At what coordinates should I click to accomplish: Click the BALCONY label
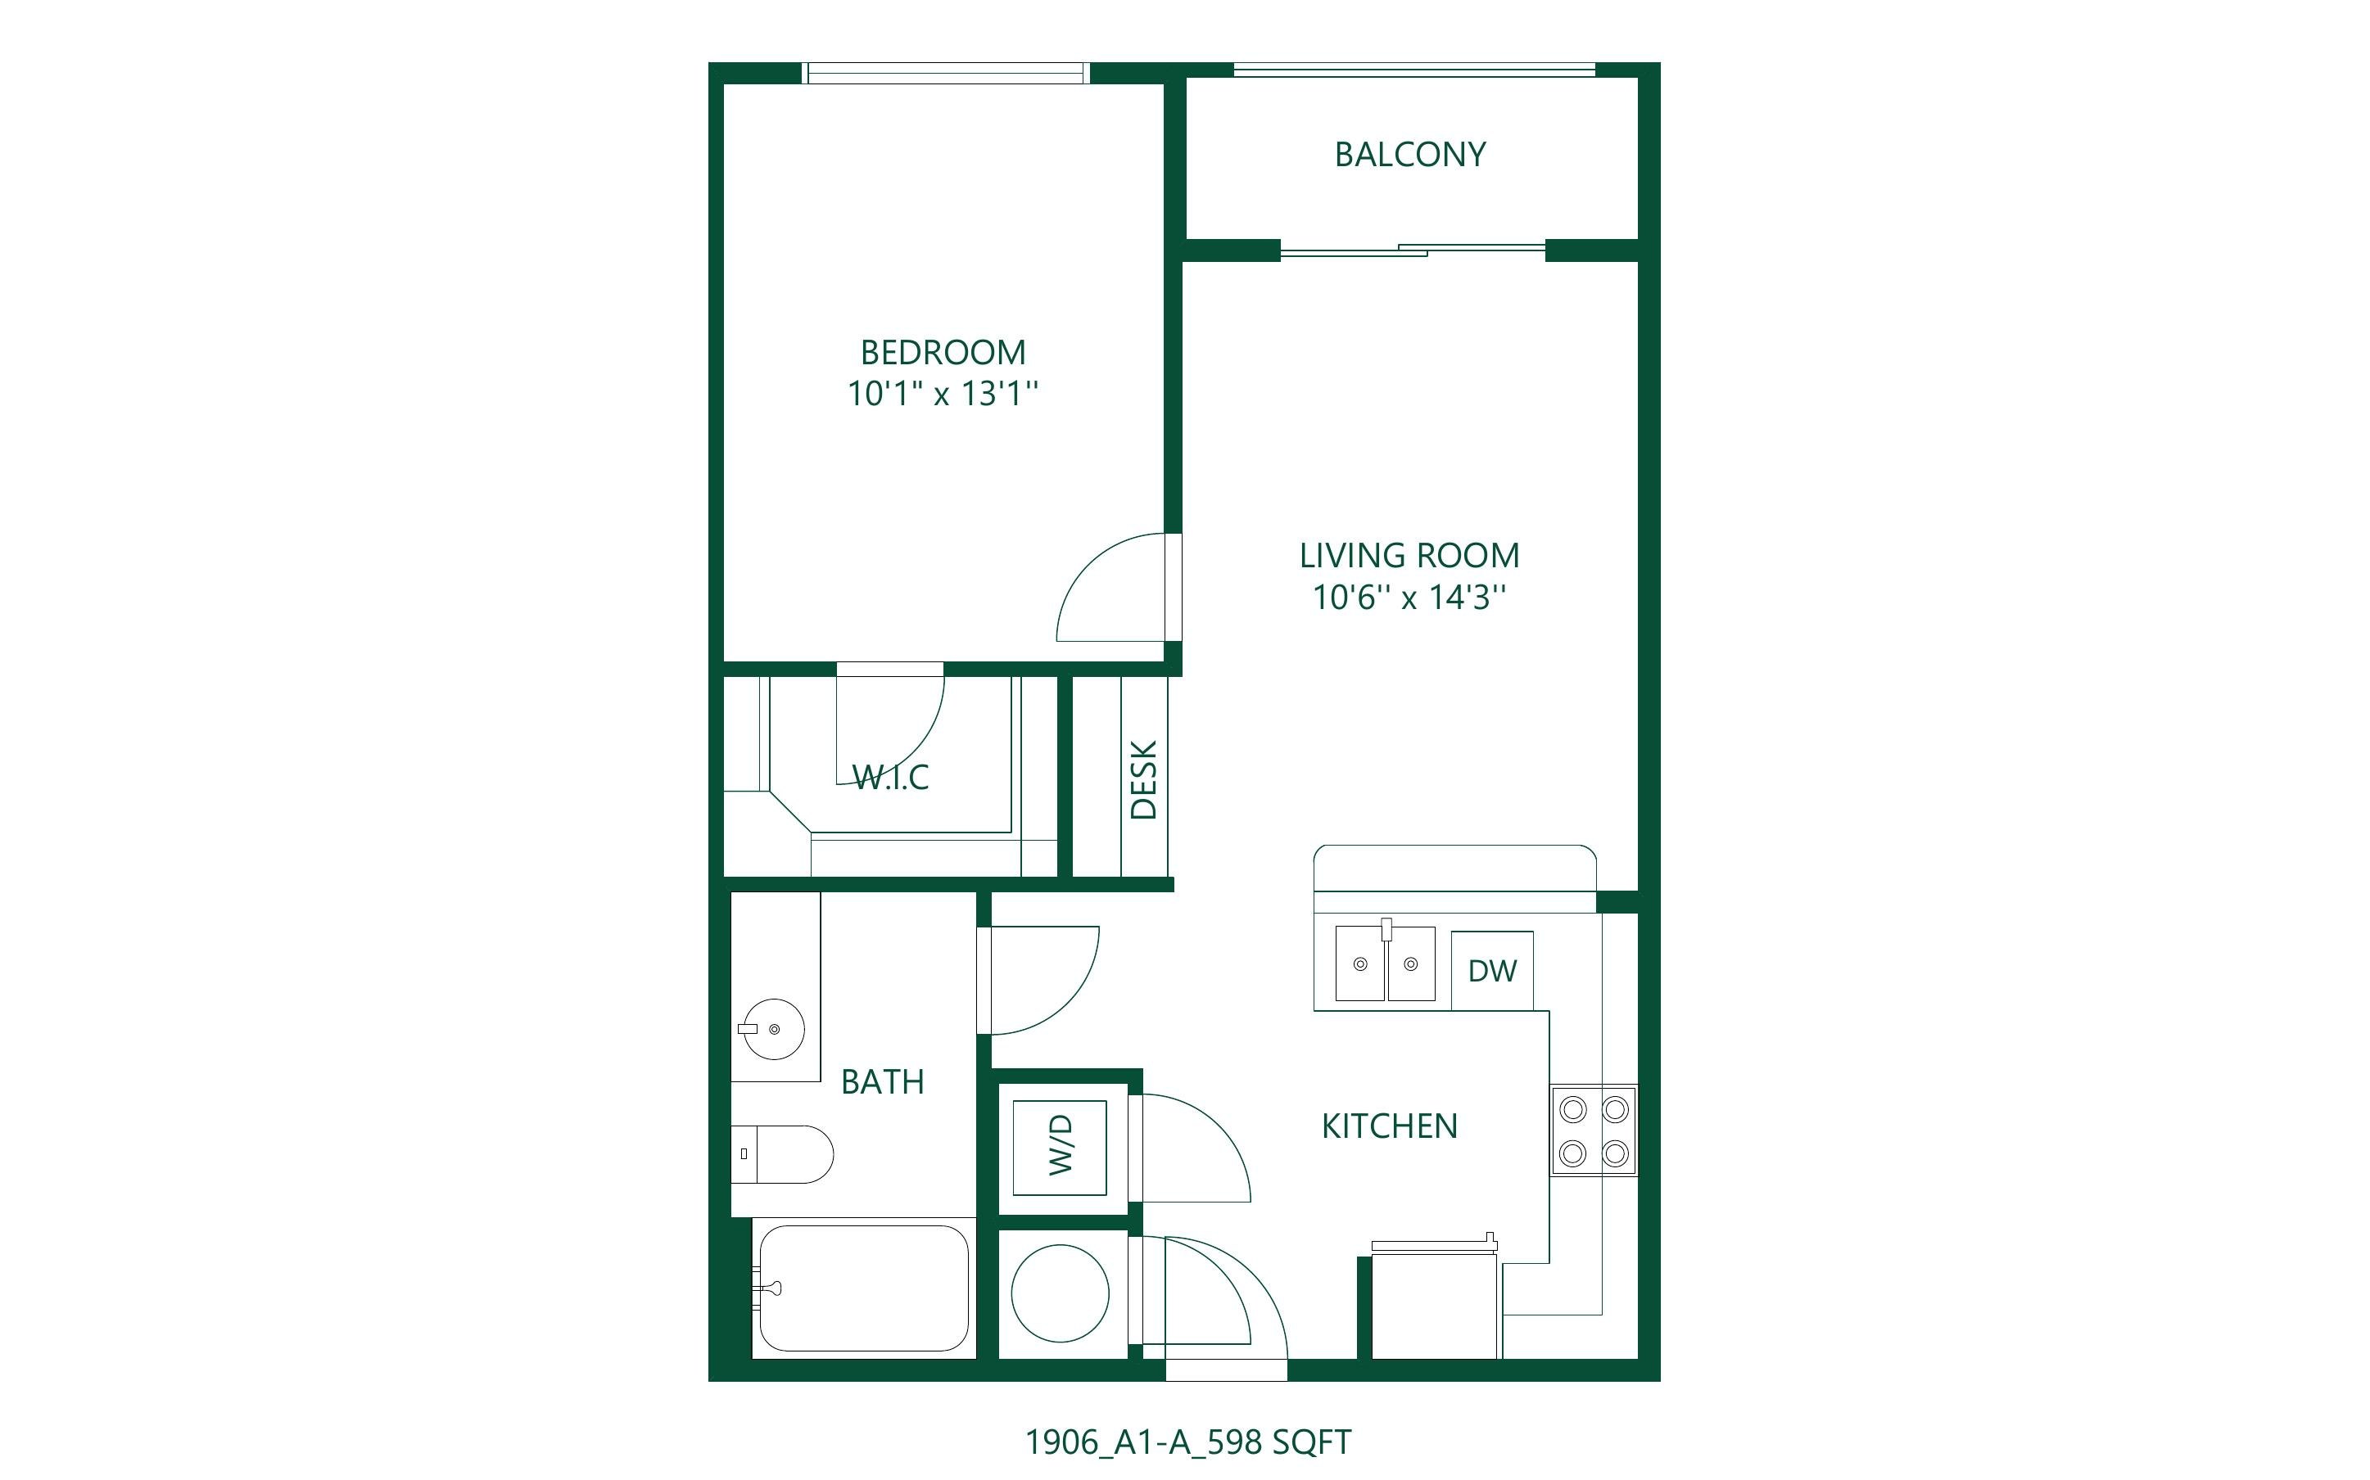pyautogui.click(x=1409, y=155)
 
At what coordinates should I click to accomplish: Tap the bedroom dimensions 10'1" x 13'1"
pyautogui.click(x=942, y=394)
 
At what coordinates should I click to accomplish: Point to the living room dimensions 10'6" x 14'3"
pyautogui.click(x=1409, y=597)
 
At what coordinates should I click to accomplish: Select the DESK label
pyautogui.click(x=1143, y=779)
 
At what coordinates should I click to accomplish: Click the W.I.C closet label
pyautogui.click(x=890, y=777)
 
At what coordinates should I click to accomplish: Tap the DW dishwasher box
pyautogui.click(x=1492, y=970)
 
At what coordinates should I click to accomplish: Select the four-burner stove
pyautogui.click(x=1594, y=1130)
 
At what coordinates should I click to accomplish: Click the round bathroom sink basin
pyautogui.click(x=773, y=1029)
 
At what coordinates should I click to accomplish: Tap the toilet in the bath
pyautogui.click(x=782, y=1154)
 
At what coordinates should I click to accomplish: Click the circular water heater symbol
pyautogui.click(x=1061, y=1293)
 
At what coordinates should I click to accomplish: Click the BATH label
pyautogui.click(x=882, y=1081)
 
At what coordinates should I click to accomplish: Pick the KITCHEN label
pyautogui.click(x=1389, y=1126)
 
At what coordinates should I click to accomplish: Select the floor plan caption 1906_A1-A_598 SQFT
pyautogui.click(x=1187, y=1442)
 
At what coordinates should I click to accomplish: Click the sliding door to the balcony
pyautogui.click(x=1413, y=250)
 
